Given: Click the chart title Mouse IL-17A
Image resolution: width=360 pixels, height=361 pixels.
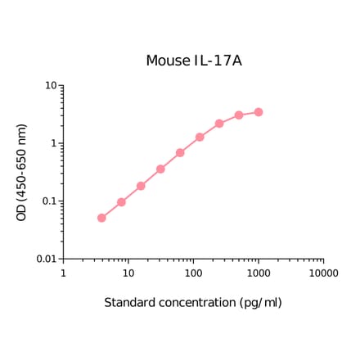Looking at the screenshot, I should pos(193,61).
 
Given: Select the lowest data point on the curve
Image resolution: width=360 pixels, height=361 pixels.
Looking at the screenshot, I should pos(101,218).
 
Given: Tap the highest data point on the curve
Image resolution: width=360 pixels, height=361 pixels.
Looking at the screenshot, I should pos(259,112).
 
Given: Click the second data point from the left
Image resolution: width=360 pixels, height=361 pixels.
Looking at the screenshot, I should pos(121,202).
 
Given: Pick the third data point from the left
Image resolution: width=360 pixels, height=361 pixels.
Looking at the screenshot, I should pos(141,186).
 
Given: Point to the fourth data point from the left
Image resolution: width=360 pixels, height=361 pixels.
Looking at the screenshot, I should pos(160,169).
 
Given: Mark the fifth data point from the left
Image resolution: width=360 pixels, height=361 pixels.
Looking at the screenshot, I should pos(180,153).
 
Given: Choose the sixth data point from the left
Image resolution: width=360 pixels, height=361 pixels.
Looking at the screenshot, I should pos(200,137).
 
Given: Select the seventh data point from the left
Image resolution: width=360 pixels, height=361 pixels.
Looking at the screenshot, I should pos(219,124).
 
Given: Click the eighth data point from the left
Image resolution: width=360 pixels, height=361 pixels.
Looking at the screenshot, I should pos(239,115).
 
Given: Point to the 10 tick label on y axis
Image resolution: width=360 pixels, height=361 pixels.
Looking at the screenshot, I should pos(50,86).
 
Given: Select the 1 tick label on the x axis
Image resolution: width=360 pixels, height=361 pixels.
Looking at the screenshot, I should pos(63,273).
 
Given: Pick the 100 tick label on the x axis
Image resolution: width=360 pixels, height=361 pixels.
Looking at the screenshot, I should pos(193,273).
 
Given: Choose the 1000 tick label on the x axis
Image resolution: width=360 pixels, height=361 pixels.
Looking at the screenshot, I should pos(259,273).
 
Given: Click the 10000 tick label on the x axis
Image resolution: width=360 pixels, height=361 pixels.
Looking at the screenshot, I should pos(323,273).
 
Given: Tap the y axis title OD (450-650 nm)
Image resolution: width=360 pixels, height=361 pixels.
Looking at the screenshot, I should pos(22,172).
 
